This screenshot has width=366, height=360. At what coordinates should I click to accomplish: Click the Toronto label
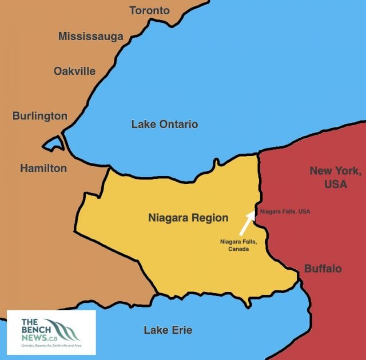(149, 10)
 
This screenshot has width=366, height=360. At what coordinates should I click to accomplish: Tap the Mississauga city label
(90, 37)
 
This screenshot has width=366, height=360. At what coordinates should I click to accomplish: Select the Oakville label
(74, 71)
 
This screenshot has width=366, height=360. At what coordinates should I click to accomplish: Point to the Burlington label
(40, 116)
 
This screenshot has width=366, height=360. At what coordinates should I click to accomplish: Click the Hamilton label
(43, 168)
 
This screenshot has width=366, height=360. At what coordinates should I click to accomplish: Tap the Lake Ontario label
(164, 124)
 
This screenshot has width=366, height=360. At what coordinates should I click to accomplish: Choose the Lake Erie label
(168, 330)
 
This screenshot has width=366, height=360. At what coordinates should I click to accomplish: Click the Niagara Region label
(188, 218)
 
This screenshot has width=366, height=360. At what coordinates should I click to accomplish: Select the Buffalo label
(323, 268)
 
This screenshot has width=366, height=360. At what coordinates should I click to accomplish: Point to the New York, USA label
(335, 177)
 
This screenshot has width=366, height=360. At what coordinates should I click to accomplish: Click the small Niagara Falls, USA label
(285, 211)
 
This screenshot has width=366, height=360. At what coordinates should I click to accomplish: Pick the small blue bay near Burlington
(54, 143)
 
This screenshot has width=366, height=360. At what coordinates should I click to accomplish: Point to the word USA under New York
(335, 184)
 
